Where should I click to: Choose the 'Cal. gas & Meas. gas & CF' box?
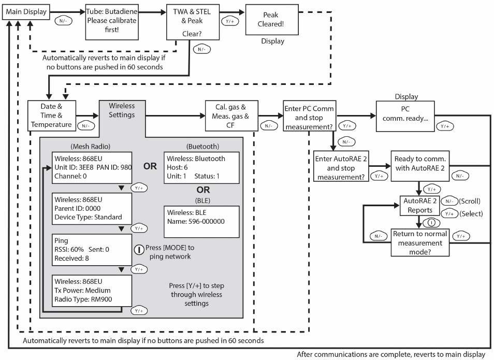[231, 114]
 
